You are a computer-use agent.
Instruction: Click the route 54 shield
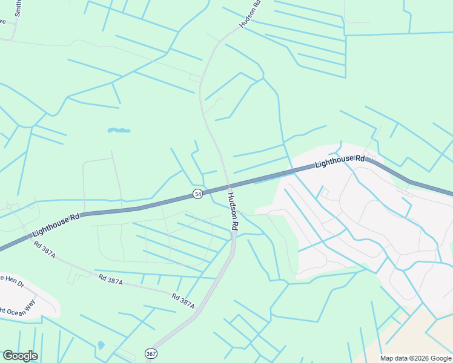coord(198,194)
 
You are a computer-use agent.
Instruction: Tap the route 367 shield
coord(150,353)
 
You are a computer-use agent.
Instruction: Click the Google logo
coord(20,356)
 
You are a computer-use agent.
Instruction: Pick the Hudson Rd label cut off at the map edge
coord(250,13)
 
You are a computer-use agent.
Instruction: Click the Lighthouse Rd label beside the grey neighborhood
coord(340,161)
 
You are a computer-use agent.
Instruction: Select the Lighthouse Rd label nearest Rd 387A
coord(56,224)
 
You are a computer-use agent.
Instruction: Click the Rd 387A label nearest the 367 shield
coord(183,301)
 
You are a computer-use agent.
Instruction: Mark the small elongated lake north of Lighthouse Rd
coord(119,130)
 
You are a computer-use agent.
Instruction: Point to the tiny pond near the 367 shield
coord(101,345)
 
